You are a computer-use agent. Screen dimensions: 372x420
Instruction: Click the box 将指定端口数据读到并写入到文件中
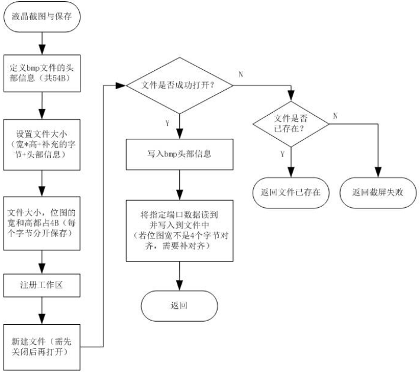click(179, 231)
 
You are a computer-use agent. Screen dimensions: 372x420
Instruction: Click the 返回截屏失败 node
click(379, 192)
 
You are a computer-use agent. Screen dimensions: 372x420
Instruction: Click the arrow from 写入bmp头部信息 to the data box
click(179, 185)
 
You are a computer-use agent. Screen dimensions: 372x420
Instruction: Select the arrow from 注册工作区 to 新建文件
click(41, 311)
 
